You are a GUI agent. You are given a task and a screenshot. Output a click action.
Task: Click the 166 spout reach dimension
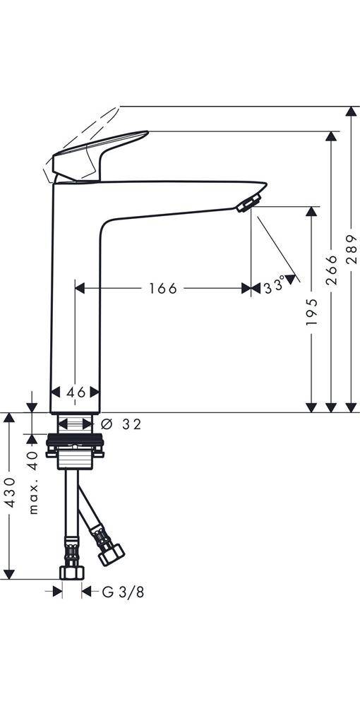[x=162, y=288]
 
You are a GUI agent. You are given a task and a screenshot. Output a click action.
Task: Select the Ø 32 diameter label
[x=121, y=424]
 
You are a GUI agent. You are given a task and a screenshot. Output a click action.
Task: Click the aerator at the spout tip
[x=246, y=204]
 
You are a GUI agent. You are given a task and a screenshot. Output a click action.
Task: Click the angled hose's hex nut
[x=111, y=553]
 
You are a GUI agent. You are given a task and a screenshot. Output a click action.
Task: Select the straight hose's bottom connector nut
[x=71, y=571]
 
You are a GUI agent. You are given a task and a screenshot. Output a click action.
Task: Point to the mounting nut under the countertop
[x=76, y=446]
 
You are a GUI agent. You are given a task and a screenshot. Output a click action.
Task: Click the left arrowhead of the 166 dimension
[x=80, y=288]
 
